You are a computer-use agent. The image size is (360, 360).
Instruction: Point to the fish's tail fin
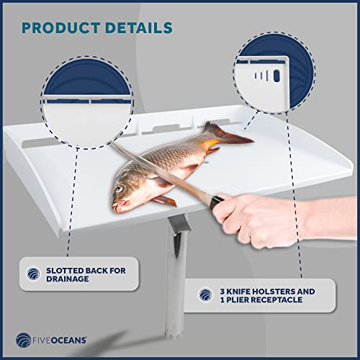(x=223, y=134)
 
